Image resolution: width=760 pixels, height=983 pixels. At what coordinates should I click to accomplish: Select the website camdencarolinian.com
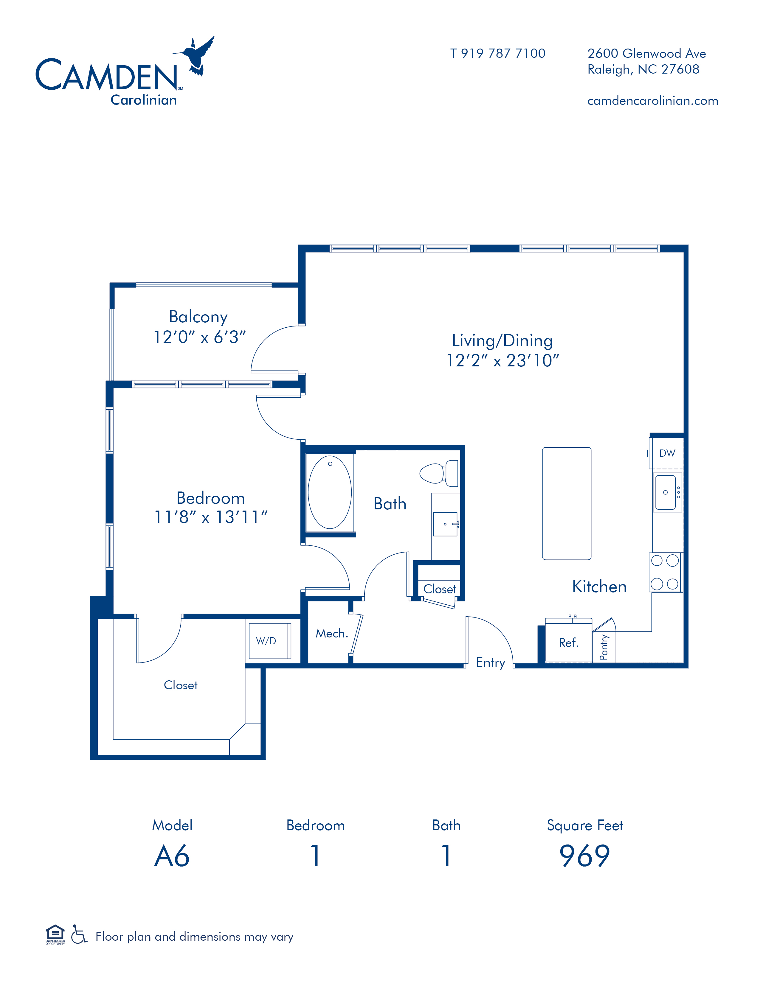point(652,101)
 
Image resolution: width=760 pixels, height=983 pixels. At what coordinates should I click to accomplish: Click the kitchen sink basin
point(666,492)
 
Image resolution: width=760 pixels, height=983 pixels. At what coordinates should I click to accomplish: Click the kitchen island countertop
point(567,503)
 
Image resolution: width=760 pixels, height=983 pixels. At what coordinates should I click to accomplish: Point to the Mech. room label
point(332,633)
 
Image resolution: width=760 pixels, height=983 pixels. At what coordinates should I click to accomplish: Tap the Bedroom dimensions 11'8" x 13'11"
point(211,517)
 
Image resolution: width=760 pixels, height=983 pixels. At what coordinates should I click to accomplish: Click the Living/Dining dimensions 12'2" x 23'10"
point(502,360)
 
